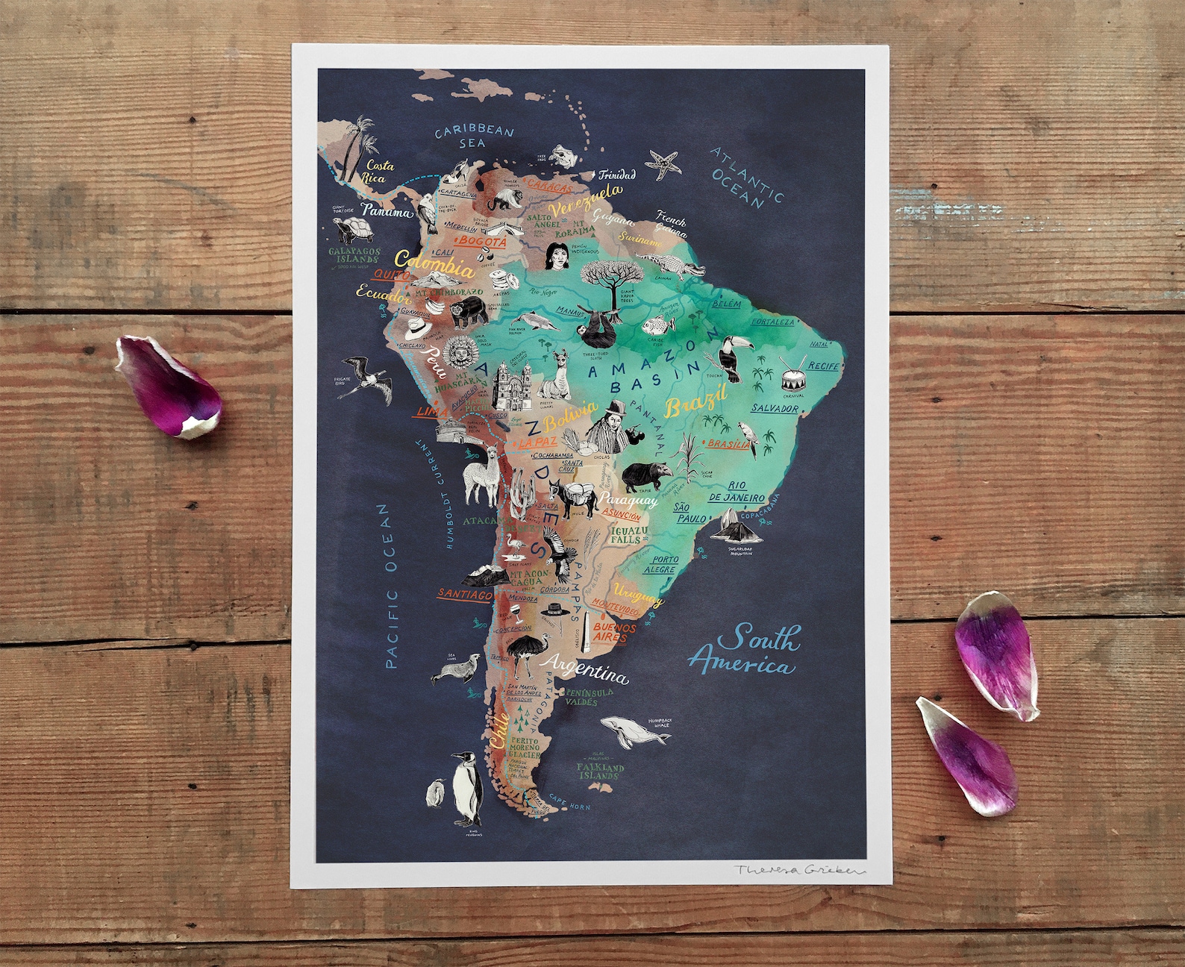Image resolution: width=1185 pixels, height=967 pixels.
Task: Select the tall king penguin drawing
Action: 467,786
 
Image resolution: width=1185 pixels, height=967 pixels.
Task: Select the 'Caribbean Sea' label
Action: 475,137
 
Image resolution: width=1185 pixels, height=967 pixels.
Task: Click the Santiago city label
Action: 464,595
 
